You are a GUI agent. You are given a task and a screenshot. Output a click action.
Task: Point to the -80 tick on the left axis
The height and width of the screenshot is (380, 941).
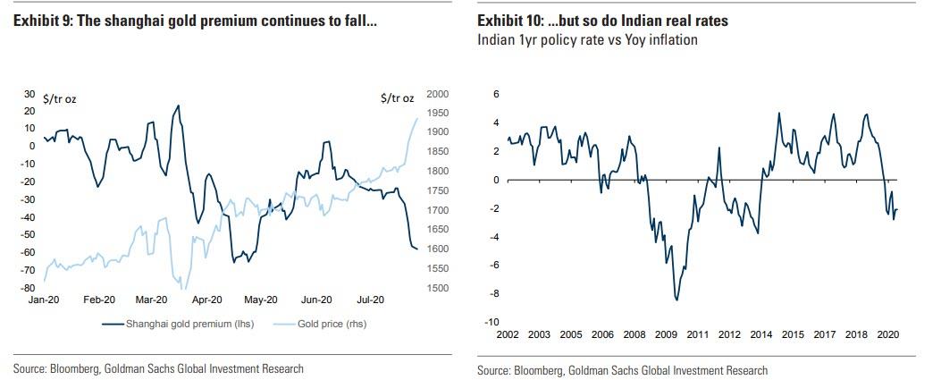pos(28,288)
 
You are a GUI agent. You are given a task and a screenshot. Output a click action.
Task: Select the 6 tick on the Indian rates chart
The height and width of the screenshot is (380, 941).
pos(494,94)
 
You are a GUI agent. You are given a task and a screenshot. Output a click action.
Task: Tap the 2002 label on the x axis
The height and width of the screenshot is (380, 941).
pos(508,335)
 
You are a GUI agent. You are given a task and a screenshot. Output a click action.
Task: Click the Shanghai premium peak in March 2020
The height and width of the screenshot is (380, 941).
pos(179,106)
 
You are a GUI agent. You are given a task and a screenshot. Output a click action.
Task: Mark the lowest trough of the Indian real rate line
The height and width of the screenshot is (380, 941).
pos(676,300)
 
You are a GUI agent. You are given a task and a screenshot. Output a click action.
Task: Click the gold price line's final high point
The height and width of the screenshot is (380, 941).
pos(416,118)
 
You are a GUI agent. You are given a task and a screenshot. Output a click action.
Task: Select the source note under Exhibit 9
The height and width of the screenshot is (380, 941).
pos(158,368)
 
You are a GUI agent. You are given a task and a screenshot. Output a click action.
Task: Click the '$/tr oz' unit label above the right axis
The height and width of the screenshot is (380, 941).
pos(397,97)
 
